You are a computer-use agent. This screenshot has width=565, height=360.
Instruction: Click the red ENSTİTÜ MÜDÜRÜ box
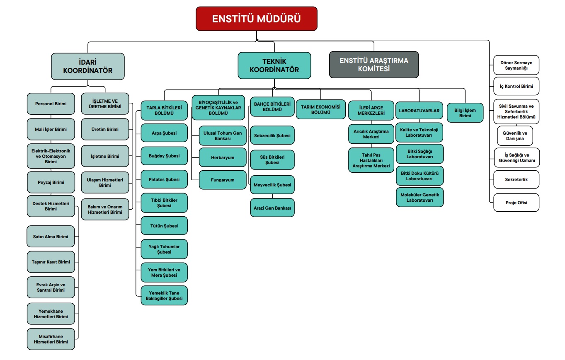[257, 19]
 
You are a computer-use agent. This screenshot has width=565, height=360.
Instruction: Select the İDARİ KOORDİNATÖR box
[87, 66]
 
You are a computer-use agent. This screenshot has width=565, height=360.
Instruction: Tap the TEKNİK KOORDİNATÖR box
[274, 65]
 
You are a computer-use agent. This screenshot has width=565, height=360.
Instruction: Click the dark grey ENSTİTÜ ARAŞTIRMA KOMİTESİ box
[373, 65]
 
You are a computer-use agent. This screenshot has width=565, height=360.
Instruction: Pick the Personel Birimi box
[51, 104]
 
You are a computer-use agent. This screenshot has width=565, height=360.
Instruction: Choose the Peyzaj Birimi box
[51, 182]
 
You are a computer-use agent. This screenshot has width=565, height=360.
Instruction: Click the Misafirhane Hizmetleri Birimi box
[51, 339]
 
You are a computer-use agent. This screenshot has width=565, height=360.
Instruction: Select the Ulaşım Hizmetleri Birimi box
[105, 183]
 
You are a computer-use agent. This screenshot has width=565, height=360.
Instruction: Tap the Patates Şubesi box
[164, 179]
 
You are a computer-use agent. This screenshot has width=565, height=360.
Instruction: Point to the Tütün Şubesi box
[164, 226]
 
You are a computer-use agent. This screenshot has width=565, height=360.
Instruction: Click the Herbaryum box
[223, 157]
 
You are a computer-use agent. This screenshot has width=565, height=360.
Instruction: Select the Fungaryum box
[223, 180]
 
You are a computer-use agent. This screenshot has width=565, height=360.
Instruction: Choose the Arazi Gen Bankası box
[272, 208]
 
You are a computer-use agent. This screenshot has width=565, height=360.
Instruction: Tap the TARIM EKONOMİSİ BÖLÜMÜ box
[320, 109]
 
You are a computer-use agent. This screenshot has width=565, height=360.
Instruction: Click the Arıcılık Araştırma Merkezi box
[371, 134]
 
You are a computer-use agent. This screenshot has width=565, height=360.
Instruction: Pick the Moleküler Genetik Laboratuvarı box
[420, 197]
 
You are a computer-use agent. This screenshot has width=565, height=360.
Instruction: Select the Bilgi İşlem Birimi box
[465, 113]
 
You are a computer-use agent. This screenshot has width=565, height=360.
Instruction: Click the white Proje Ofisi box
[516, 203]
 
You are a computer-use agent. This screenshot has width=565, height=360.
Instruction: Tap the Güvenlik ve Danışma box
[515, 136]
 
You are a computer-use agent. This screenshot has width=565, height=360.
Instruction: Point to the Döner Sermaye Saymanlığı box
[516, 65]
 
